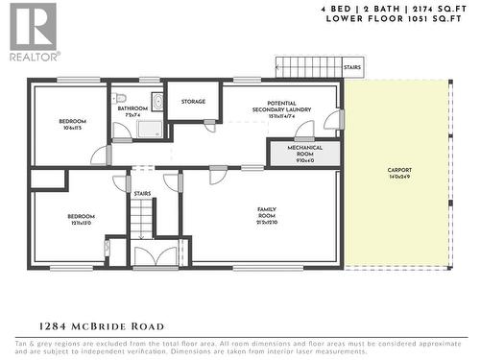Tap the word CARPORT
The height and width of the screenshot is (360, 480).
tap(397, 170)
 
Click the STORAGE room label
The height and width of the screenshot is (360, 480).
tap(193, 101)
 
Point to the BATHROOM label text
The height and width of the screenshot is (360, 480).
tap(132, 108)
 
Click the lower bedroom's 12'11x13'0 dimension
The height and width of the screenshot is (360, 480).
tap(80, 224)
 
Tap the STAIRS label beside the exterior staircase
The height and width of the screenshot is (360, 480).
tap(351, 68)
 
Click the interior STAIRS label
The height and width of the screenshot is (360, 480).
tap(142, 193)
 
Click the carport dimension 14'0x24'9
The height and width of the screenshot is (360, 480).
tap(397, 178)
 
